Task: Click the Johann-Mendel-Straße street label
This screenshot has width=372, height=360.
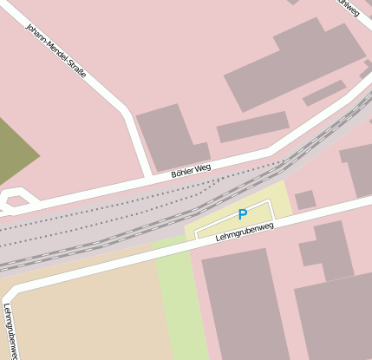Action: (x=56, y=52)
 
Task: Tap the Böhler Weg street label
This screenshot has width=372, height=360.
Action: (x=191, y=170)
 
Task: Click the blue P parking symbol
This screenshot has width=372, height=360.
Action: (x=243, y=214)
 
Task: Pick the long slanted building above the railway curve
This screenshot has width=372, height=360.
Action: (x=252, y=127)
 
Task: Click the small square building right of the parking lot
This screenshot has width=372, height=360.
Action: (x=304, y=200)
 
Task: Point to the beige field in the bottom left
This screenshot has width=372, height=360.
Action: (x=82, y=312)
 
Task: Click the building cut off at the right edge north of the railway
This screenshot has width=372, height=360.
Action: (x=360, y=168)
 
